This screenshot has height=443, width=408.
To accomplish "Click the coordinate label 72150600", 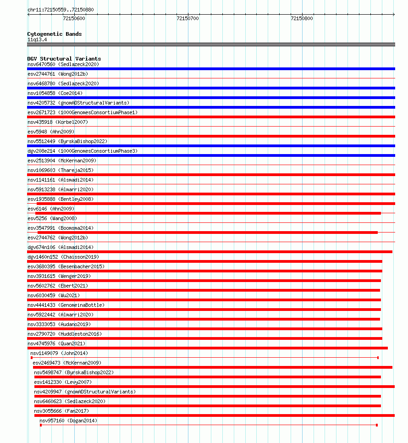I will (74, 19).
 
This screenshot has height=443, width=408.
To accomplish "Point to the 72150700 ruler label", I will (187, 19).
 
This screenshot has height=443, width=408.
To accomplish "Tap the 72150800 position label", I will (302, 19).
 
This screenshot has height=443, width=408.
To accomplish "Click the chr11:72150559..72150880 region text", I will (57, 10).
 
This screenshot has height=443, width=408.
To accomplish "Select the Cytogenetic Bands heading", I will (54, 34).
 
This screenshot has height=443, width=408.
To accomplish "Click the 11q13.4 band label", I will (37, 39).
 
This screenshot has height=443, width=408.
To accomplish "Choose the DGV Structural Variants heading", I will (64, 59).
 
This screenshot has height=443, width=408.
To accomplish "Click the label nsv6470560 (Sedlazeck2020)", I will (63, 64).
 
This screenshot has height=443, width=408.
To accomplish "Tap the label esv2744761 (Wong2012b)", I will (58, 74).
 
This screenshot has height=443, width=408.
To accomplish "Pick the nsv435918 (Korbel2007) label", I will (58, 122).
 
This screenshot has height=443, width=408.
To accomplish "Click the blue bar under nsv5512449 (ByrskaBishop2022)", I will (211, 146).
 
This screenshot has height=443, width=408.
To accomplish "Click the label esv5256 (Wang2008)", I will (52, 218).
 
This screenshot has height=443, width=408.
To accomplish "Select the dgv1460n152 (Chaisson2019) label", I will (63, 257).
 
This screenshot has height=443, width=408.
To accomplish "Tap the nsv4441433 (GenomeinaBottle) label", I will (66, 305).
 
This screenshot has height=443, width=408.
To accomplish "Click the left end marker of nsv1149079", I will (32, 358).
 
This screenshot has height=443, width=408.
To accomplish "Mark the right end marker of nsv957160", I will (377, 425).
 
